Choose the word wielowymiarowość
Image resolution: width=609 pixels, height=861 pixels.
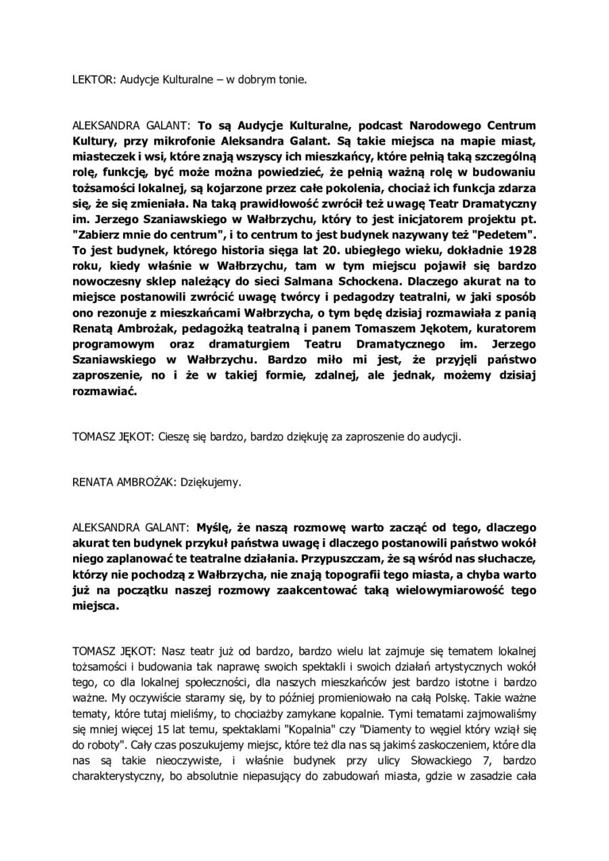click(x=445, y=590)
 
